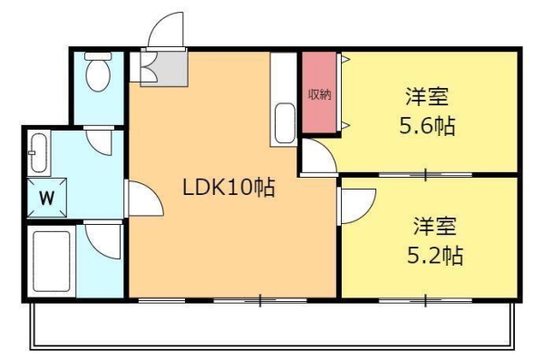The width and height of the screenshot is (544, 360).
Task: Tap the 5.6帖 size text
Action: pos(427,126)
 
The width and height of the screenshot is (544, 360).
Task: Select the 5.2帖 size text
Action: pos(434,256)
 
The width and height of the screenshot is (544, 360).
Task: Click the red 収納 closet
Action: pos(318,94)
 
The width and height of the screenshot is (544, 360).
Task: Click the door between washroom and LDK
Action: pos(140,199)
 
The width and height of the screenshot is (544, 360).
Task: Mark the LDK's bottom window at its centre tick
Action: pos(259,299)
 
